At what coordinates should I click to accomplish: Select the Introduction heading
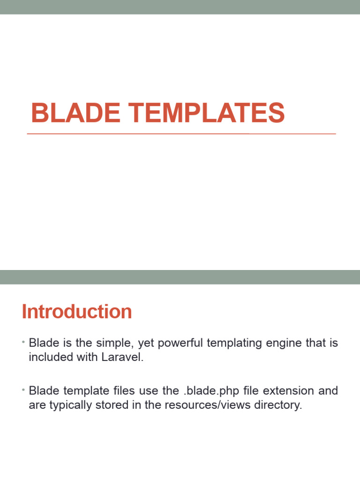pos(77,312)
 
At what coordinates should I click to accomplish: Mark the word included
pos(48,359)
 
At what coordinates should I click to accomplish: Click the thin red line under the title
pos(181,134)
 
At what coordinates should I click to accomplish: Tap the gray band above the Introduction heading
pos(180,277)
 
